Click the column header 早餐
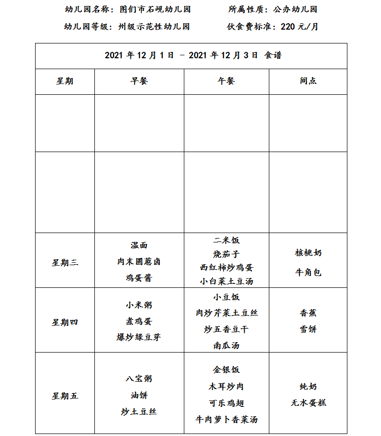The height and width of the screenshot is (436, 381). click(139, 81)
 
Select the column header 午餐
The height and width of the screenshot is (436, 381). click(226, 81)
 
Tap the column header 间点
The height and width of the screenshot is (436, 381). click(308, 81)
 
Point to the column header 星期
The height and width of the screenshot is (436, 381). click(65, 81)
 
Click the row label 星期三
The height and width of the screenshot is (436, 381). click(65, 263)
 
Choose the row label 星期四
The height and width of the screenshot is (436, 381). click(65, 322)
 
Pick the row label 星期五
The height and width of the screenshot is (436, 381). click(65, 396)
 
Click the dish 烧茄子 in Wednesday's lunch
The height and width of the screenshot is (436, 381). click(226, 254)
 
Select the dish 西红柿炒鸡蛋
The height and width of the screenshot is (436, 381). click(226, 268)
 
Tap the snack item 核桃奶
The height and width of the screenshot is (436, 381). click(308, 253)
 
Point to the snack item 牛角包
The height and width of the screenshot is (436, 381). click(308, 272)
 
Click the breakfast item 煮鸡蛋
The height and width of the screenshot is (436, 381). click(139, 321)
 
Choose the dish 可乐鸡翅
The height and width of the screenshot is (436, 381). click(226, 403)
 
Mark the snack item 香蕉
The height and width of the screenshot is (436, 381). click(308, 313)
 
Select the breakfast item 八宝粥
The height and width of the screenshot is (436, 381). click(139, 379)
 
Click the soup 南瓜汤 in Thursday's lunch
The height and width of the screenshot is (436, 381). click(226, 346)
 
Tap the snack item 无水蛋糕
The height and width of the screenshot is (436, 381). click(308, 403)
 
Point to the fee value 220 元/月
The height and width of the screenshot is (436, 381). click(299, 27)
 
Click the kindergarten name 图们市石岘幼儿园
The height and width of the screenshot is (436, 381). click(155, 9)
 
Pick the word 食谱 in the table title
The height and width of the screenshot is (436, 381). click(273, 56)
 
